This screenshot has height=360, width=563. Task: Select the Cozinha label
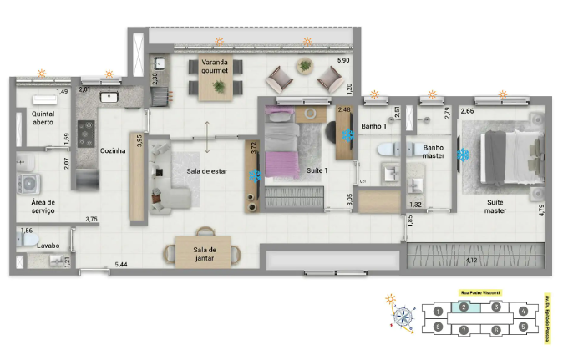112,151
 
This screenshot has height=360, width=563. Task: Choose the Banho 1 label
373,127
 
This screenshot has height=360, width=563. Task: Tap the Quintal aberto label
42,117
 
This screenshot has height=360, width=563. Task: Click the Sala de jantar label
205,253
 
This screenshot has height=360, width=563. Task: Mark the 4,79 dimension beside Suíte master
540,209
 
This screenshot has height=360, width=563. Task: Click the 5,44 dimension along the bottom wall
122,264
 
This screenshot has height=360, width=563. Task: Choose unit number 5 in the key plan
523,327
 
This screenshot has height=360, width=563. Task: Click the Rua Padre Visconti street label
480,292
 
